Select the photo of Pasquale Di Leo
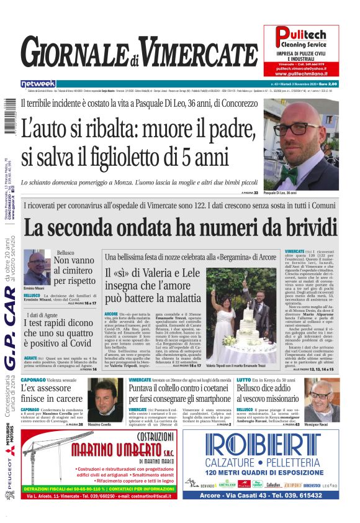(300, 147)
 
